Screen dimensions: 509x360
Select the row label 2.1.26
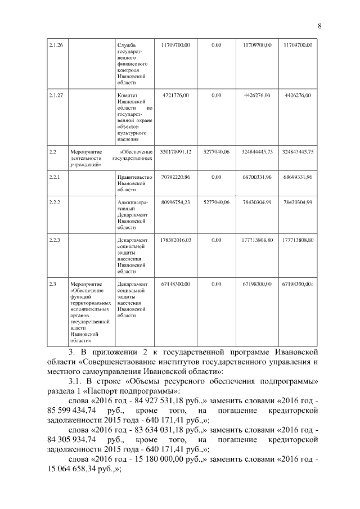tap(56, 44)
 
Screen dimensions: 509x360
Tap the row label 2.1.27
tap(56, 96)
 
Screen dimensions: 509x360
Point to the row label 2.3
tap(52, 284)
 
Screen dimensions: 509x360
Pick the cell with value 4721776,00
tap(175, 96)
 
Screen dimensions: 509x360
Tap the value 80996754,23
tap(175, 202)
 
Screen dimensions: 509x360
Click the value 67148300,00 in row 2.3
tap(175, 284)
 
